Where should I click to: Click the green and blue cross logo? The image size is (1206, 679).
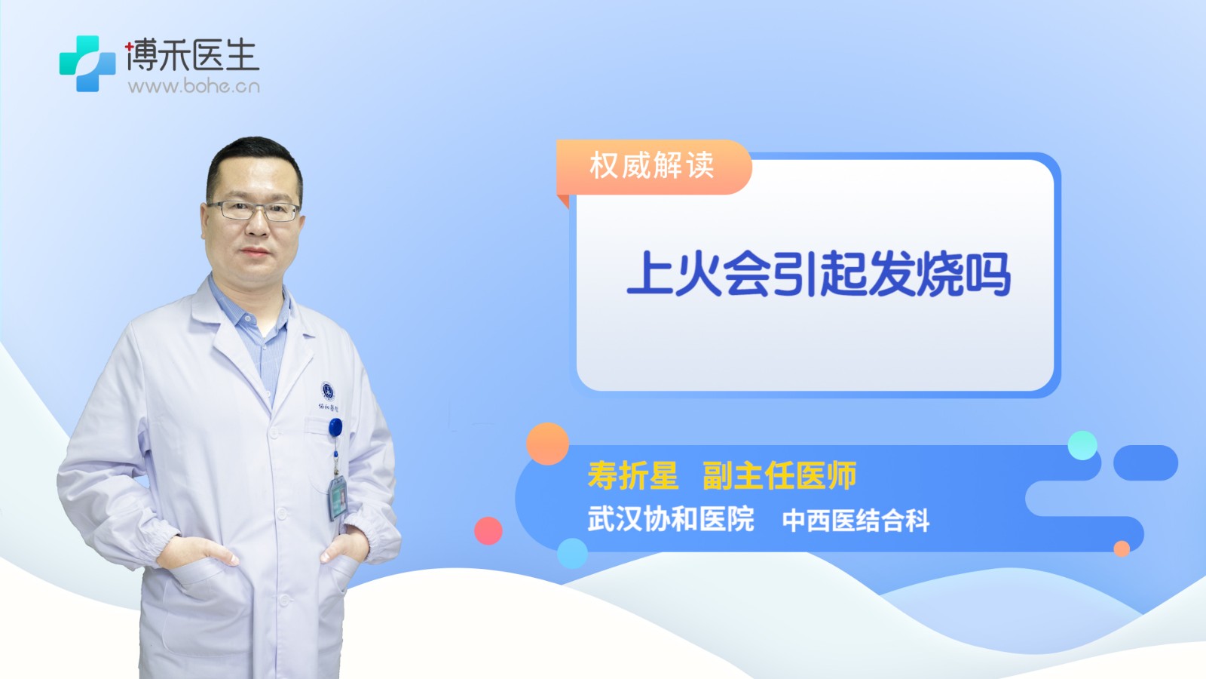point(87,63)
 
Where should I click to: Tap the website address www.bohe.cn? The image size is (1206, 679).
point(194,86)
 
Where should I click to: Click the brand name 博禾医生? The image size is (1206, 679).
point(192,55)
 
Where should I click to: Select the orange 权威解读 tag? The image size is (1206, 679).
point(654,166)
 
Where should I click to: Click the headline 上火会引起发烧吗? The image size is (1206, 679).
point(819,274)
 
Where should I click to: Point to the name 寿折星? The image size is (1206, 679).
point(632,475)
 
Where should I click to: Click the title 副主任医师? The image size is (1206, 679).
point(779,475)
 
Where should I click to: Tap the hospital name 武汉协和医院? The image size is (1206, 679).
point(670,519)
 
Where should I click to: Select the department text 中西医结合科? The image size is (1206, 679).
point(856,521)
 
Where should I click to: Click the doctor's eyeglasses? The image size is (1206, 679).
point(254,210)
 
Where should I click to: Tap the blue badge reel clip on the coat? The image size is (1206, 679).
point(335,427)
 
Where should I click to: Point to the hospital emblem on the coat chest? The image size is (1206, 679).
point(327,391)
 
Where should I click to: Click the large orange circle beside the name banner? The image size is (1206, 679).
point(547,444)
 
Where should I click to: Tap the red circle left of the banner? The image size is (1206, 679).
point(488,530)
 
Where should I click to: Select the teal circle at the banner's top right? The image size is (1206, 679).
point(1082,445)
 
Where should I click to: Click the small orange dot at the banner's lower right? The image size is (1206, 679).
point(1122,548)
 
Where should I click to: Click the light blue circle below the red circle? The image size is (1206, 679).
point(572,553)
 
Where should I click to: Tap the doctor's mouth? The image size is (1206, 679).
point(256,251)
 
